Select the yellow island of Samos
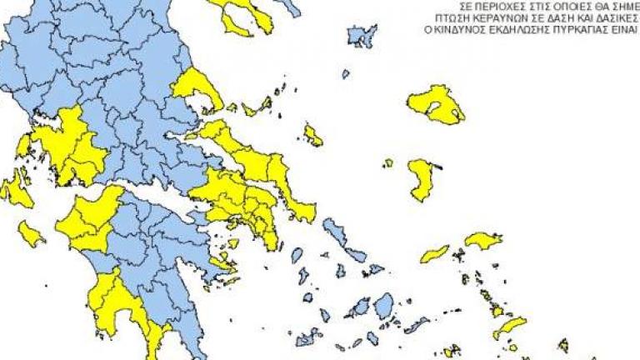482,241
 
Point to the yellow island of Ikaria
435,252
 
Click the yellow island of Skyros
312,135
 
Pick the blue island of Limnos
361,37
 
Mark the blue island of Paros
359,307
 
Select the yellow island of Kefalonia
15,191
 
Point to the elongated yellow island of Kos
510,327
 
